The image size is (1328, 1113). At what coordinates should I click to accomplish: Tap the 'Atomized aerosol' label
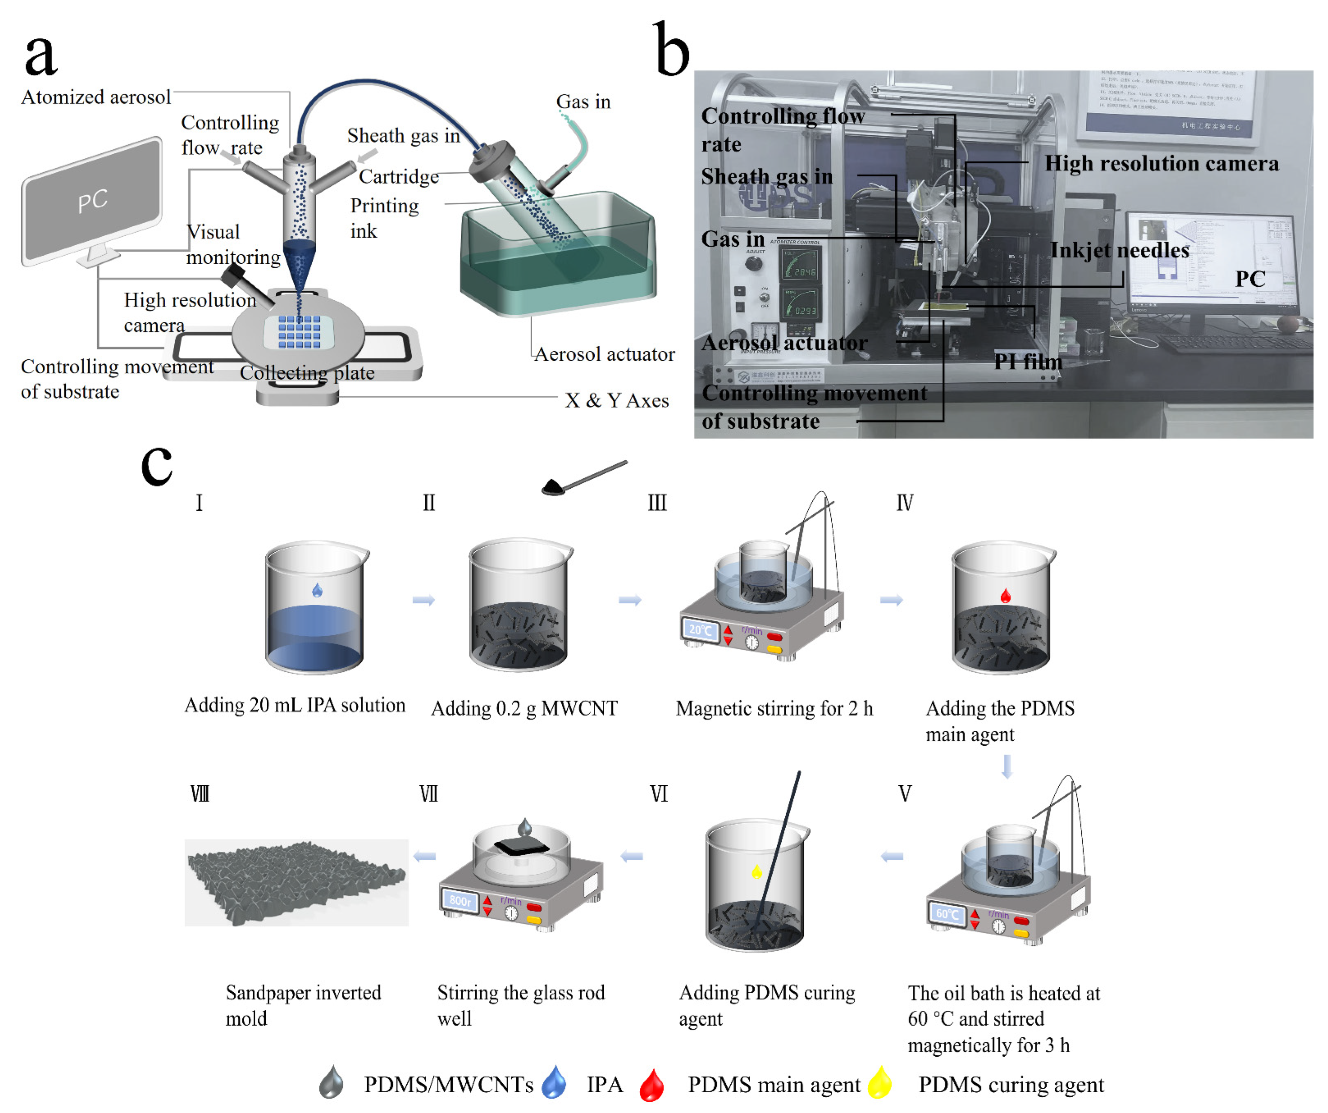tap(96, 97)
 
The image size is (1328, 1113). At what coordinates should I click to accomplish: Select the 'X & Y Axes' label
tap(616, 401)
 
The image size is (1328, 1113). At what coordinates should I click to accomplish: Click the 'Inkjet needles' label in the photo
tap(1119, 250)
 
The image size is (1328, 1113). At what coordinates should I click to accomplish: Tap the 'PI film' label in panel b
tap(1028, 362)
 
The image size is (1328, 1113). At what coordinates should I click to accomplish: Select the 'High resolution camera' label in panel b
tap(1161, 164)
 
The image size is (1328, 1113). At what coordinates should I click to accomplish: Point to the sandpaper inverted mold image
tap(296, 883)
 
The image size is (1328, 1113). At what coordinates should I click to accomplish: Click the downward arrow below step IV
tap(1007, 767)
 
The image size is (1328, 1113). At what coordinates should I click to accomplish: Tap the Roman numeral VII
tap(429, 794)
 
